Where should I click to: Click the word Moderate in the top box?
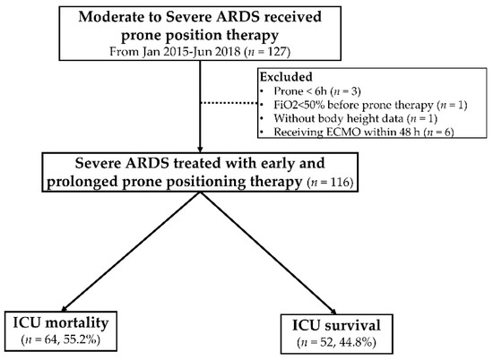pyautogui.click(x=115, y=18)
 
